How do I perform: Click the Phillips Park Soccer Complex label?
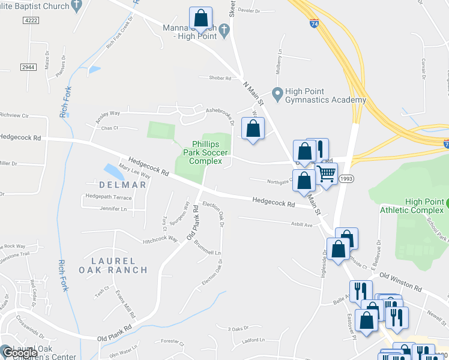click(206, 152)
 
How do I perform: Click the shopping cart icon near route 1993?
click(327, 175)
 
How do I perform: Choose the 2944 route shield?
click(28, 68)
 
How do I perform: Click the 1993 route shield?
click(346, 179)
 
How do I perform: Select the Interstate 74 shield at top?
click(315, 24)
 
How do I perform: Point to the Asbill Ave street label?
click(300, 225)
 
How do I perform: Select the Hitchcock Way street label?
click(160, 239)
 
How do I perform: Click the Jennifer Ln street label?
click(115, 209)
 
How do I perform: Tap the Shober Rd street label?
click(220, 77)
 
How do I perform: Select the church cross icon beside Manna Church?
click(224, 29)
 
